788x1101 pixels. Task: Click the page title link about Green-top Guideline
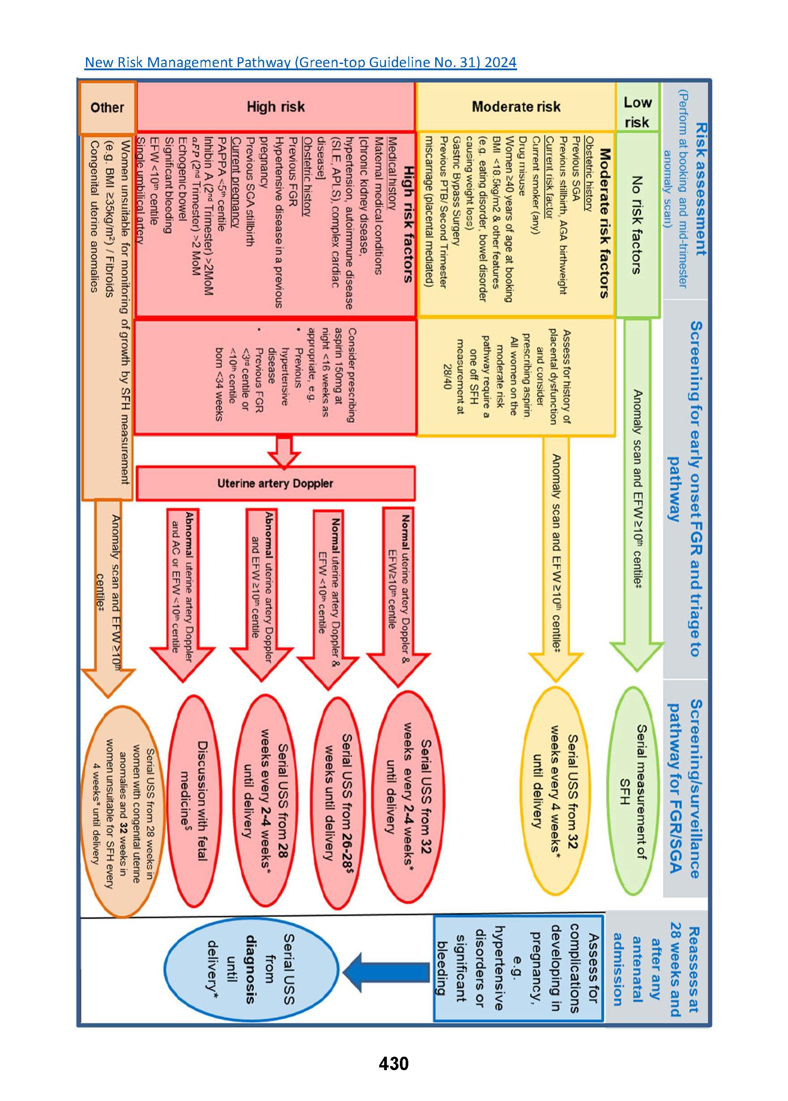[300, 63]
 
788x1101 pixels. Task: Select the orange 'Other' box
[107, 108]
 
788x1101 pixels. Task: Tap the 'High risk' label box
[276, 107]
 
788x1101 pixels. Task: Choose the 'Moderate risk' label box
[516, 107]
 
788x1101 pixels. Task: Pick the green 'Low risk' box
[637, 111]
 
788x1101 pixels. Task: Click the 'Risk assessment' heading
[700, 189]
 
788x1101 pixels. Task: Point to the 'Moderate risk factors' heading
[603, 223]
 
